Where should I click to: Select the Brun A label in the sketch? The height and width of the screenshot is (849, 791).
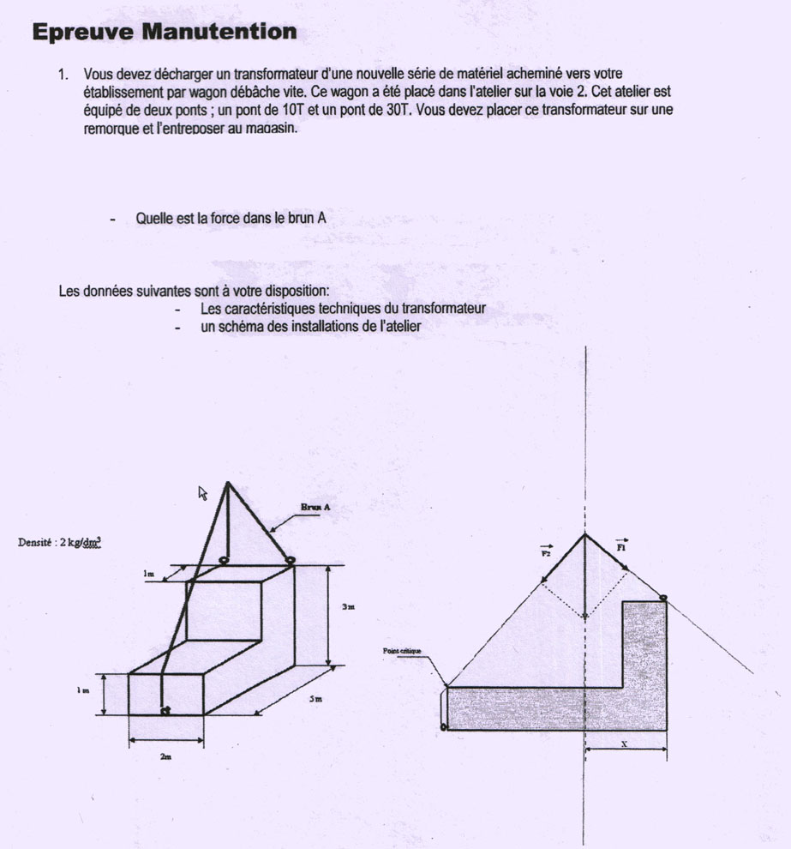click(315, 508)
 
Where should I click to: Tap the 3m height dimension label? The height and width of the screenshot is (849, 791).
click(348, 606)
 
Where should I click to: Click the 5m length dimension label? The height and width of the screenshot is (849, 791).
click(315, 700)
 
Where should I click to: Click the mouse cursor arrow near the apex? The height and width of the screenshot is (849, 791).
click(203, 492)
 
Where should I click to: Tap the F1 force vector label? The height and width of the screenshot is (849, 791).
click(622, 545)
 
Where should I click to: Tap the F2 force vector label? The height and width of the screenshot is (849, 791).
click(546, 553)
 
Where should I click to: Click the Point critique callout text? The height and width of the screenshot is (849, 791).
click(402, 652)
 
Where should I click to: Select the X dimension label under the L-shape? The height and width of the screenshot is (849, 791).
click(624, 744)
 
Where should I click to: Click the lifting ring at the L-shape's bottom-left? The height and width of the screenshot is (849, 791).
click(443, 726)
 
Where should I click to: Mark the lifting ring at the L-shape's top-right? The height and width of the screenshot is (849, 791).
click(663, 597)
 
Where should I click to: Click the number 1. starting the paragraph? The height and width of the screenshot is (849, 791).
click(63, 75)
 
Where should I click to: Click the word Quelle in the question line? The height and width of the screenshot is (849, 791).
click(153, 219)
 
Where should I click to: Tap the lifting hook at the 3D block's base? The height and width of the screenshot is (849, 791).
click(165, 709)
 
